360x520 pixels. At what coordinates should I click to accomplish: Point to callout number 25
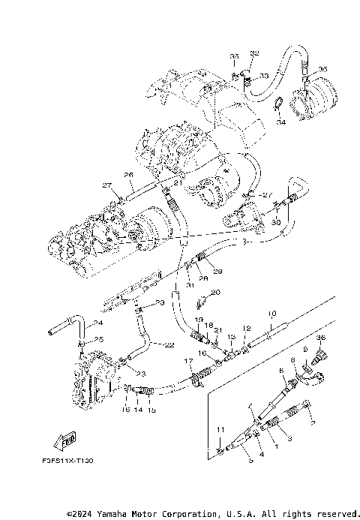point(97,340)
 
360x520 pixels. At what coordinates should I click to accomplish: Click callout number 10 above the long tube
point(272,313)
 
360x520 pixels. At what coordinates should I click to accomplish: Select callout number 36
point(321,338)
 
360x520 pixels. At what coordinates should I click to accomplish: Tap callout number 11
point(219,428)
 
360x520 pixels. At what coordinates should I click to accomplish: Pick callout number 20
point(214,292)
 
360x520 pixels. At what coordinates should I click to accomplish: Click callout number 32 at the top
point(253,53)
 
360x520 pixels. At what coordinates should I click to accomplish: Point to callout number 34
point(280,122)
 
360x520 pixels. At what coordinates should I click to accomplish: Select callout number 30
point(275,222)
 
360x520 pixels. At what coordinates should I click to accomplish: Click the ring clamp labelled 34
point(276,104)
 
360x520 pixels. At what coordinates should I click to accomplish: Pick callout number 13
point(232,337)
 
